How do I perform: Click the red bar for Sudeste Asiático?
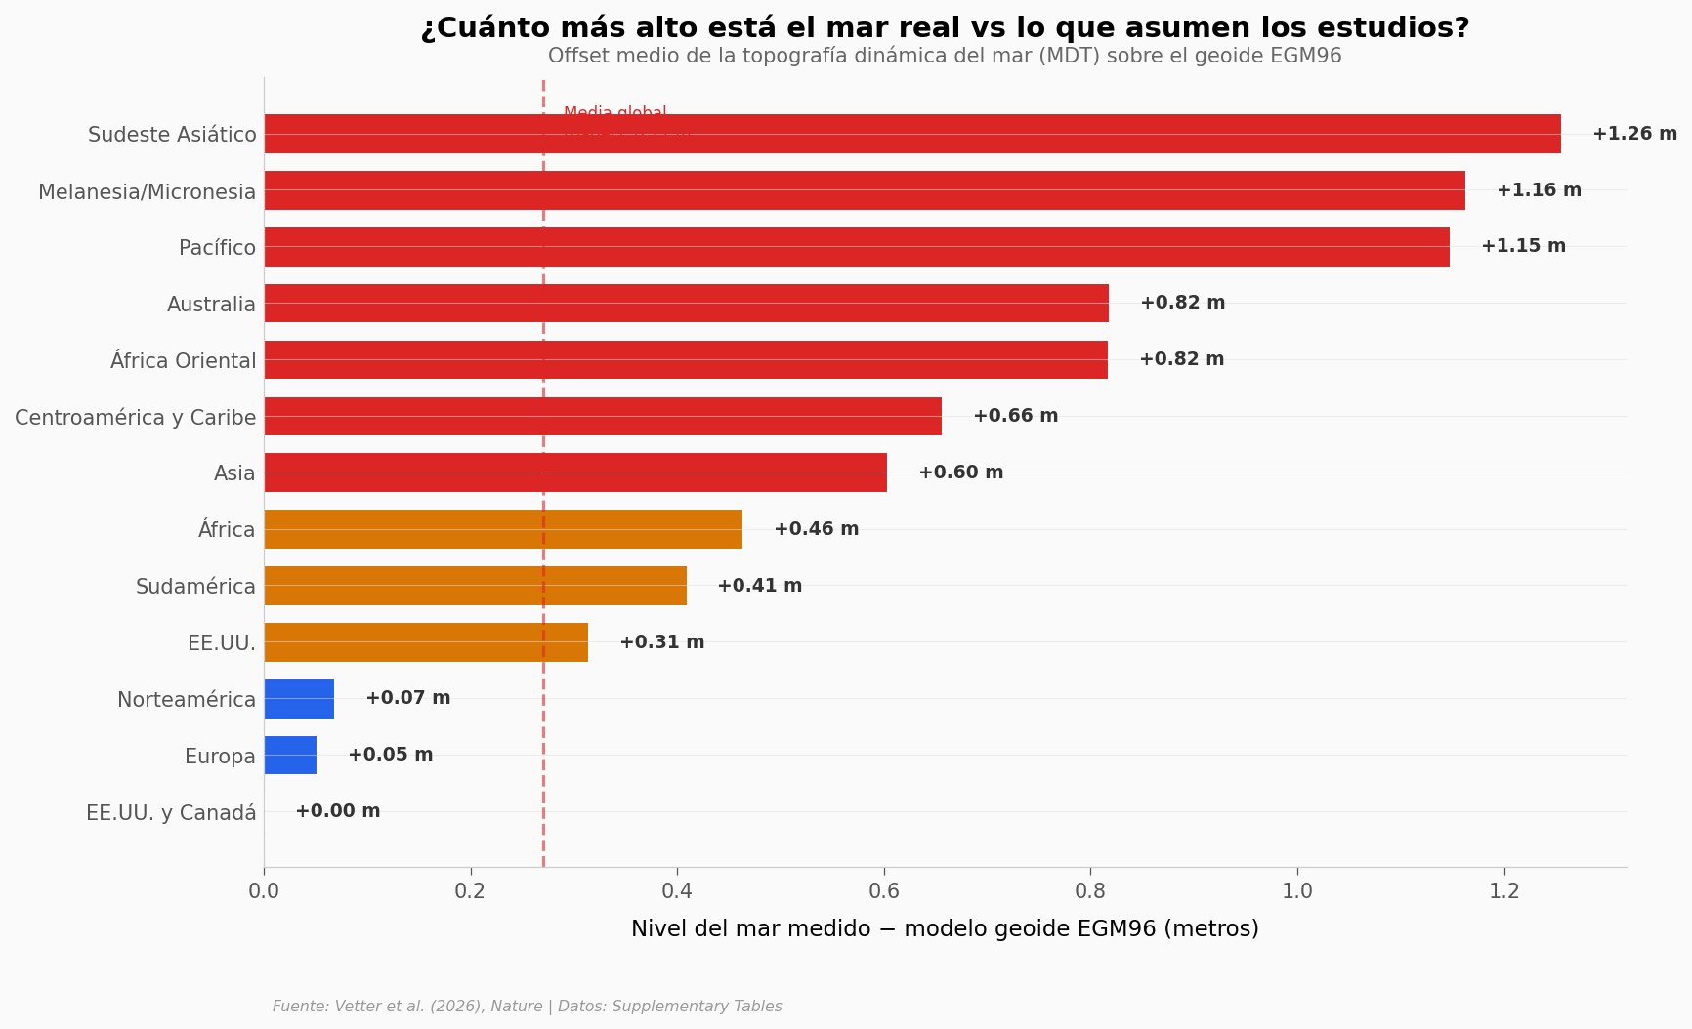911,134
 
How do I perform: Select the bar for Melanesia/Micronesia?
865,190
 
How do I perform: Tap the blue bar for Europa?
290,756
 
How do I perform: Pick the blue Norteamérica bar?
299,699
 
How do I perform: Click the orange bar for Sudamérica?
475,586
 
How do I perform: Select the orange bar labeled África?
503,529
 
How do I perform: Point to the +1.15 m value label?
1523,246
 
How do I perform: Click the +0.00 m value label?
338,811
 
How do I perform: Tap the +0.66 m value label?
1015,416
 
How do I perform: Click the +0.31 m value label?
661,642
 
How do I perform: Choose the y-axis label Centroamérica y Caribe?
135,418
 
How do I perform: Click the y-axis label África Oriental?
183,361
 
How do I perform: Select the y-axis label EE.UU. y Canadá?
171,813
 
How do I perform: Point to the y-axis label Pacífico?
217,248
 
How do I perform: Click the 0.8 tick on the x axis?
1090,891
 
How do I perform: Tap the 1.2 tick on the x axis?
1504,891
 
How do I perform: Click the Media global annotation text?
615,113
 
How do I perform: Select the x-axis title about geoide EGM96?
945,929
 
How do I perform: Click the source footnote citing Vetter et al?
527,1007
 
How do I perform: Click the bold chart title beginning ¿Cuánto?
945,28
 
